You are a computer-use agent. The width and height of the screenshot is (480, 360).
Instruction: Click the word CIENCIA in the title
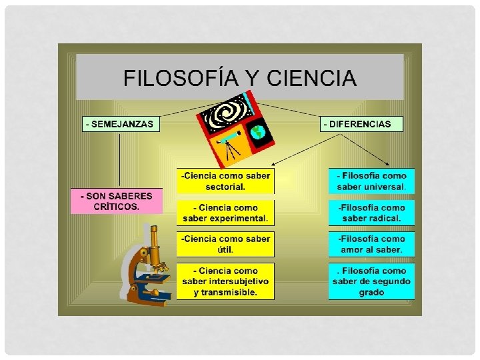point(311,79)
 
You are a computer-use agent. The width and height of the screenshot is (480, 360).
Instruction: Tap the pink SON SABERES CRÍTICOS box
point(117,201)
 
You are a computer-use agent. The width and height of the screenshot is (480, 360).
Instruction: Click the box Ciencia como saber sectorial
point(225,181)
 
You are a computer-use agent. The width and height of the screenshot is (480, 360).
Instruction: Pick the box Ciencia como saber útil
point(225,244)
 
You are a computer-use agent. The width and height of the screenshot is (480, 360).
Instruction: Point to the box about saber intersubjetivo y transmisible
point(225,281)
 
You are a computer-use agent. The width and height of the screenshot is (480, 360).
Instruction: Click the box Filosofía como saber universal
point(371,181)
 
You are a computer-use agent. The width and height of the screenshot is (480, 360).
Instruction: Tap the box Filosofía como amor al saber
point(371,244)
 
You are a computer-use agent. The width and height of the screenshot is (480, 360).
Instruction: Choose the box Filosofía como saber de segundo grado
point(371,281)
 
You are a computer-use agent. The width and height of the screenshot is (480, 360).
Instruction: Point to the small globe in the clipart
point(258,133)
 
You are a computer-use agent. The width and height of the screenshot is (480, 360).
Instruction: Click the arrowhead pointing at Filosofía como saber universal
point(388,163)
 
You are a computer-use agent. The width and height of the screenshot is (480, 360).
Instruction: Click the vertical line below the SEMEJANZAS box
point(120,160)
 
